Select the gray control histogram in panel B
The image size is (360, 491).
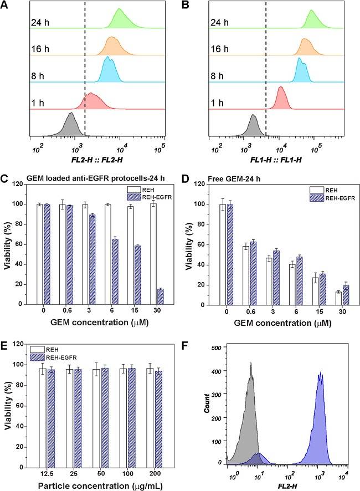point(253,127)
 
